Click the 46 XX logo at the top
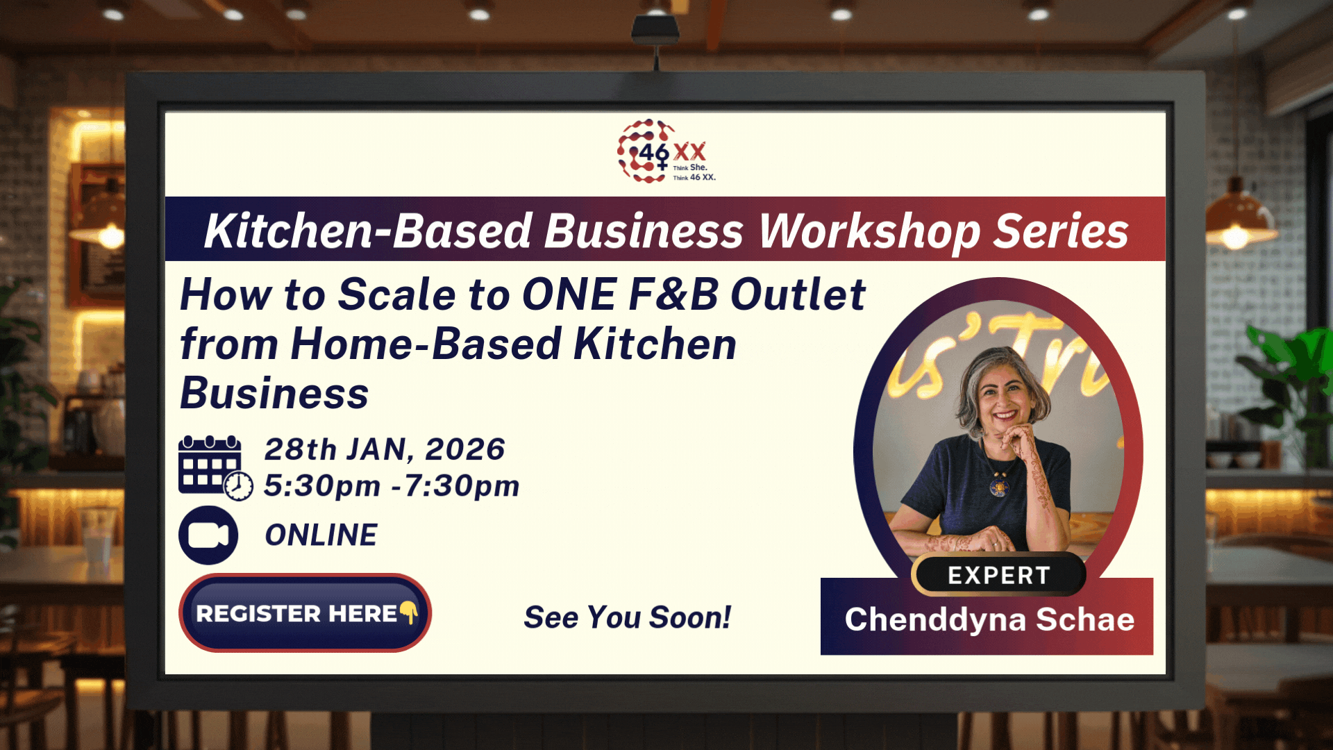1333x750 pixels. (666, 151)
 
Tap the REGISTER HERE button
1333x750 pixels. (305, 612)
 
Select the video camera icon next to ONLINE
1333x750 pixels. (208, 535)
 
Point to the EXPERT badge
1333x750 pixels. (998, 575)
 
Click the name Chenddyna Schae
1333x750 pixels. (989, 619)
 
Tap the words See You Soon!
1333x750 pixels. (627, 617)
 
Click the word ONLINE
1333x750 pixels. (321, 535)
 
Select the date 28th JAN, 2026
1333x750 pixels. (385, 449)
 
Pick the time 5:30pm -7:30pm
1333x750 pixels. (392, 486)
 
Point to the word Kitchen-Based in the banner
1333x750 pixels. (369, 231)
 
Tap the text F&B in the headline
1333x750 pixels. (673, 294)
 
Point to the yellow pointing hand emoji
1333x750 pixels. (409, 612)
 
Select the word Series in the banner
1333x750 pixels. (1061, 231)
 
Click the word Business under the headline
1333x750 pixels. (274, 394)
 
